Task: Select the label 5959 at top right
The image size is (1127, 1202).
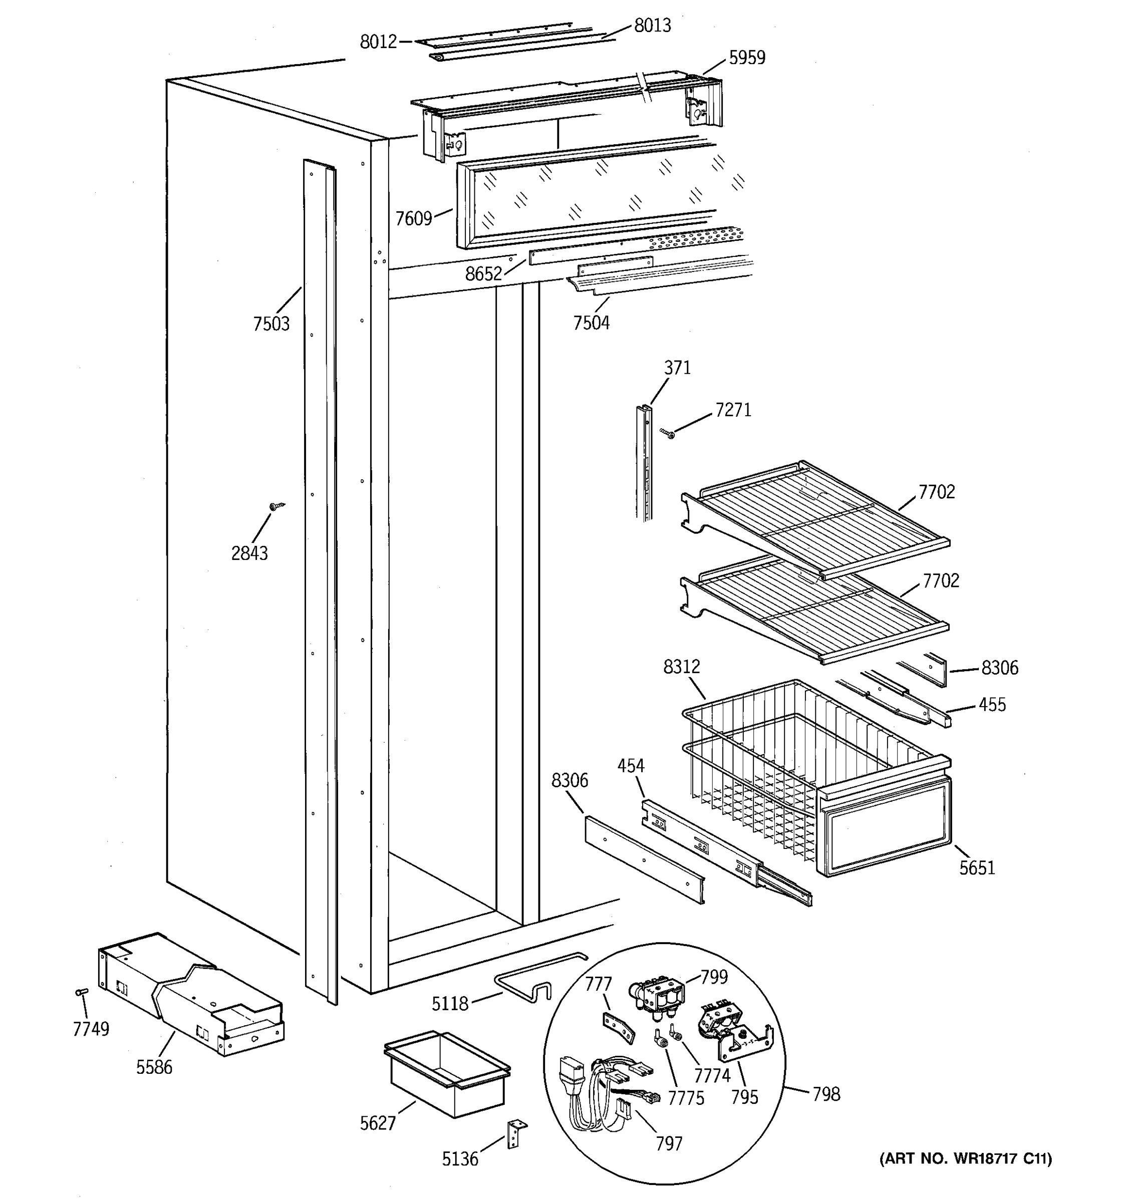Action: point(747,58)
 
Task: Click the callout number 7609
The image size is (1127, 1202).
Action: point(414,218)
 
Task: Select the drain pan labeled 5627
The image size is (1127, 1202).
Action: point(447,1074)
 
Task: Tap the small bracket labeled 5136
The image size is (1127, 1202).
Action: point(514,1134)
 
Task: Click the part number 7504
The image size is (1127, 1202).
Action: point(592,324)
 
